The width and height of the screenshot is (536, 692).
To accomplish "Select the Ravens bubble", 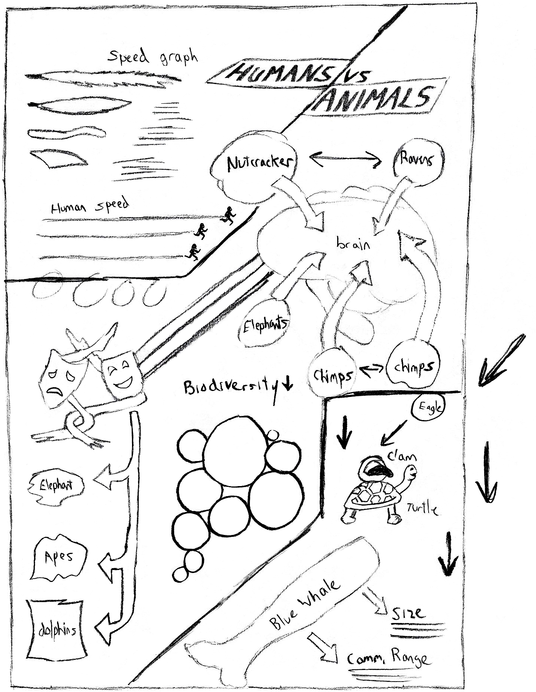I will tap(417, 159).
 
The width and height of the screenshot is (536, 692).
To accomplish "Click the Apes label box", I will tap(59, 557).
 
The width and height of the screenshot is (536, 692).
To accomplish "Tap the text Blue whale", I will tap(305, 605).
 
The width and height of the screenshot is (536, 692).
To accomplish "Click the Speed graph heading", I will tap(152, 57).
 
